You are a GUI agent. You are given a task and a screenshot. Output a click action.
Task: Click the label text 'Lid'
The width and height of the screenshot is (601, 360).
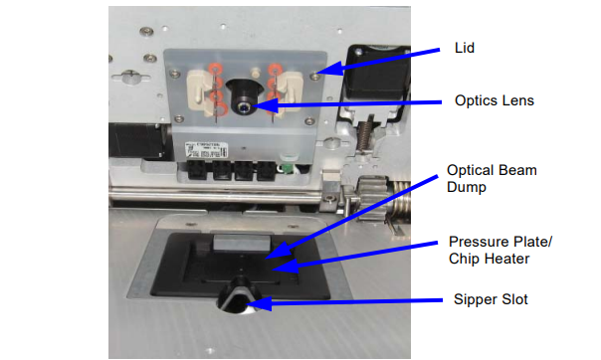464,48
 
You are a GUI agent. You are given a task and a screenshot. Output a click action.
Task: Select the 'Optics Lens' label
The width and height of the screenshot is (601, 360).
495,100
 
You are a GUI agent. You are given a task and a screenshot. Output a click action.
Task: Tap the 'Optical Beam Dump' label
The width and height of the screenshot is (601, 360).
492,178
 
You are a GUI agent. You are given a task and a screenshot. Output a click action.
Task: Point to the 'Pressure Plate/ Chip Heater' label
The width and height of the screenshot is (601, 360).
501,250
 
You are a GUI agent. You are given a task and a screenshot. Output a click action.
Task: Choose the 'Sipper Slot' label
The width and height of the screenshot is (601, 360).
491,299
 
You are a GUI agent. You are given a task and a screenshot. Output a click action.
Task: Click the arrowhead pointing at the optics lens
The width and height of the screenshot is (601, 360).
264,104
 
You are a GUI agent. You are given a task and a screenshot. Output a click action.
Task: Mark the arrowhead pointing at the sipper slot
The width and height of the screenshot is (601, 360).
259,303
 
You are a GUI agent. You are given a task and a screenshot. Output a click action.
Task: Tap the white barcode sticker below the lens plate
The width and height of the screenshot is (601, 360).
206,150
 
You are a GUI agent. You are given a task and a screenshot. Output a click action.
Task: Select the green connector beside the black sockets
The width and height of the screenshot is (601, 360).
286,167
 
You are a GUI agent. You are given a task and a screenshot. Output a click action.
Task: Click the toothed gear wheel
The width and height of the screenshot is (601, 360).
370,198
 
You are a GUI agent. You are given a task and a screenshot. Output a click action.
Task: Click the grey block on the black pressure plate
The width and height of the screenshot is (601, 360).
242,244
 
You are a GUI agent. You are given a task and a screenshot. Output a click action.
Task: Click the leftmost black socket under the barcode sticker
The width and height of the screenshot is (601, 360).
197,170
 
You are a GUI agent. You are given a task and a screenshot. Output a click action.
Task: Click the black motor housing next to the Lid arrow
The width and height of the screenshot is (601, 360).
376,72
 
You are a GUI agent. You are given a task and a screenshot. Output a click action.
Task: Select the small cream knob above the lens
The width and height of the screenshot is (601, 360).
254,72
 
